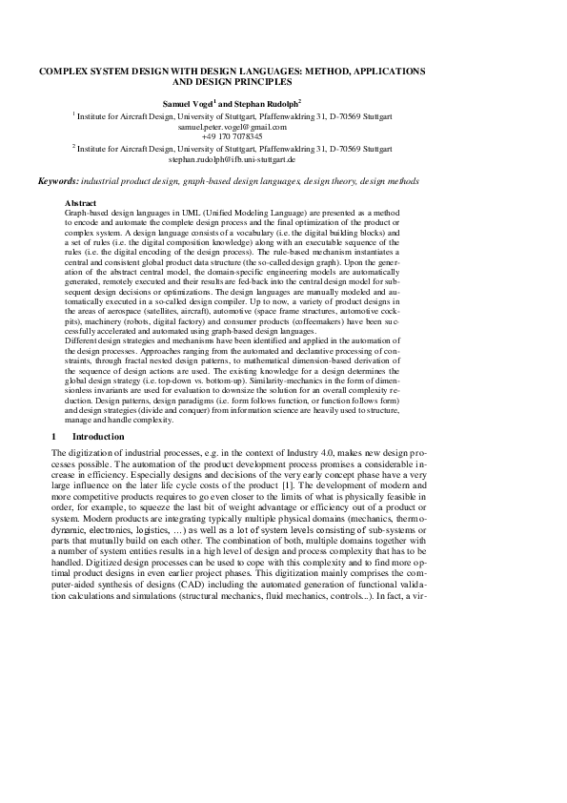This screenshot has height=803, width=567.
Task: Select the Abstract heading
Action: point(80,204)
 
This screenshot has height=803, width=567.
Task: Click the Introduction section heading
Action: point(98,437)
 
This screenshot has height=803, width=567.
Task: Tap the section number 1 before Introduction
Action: point(53,437)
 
